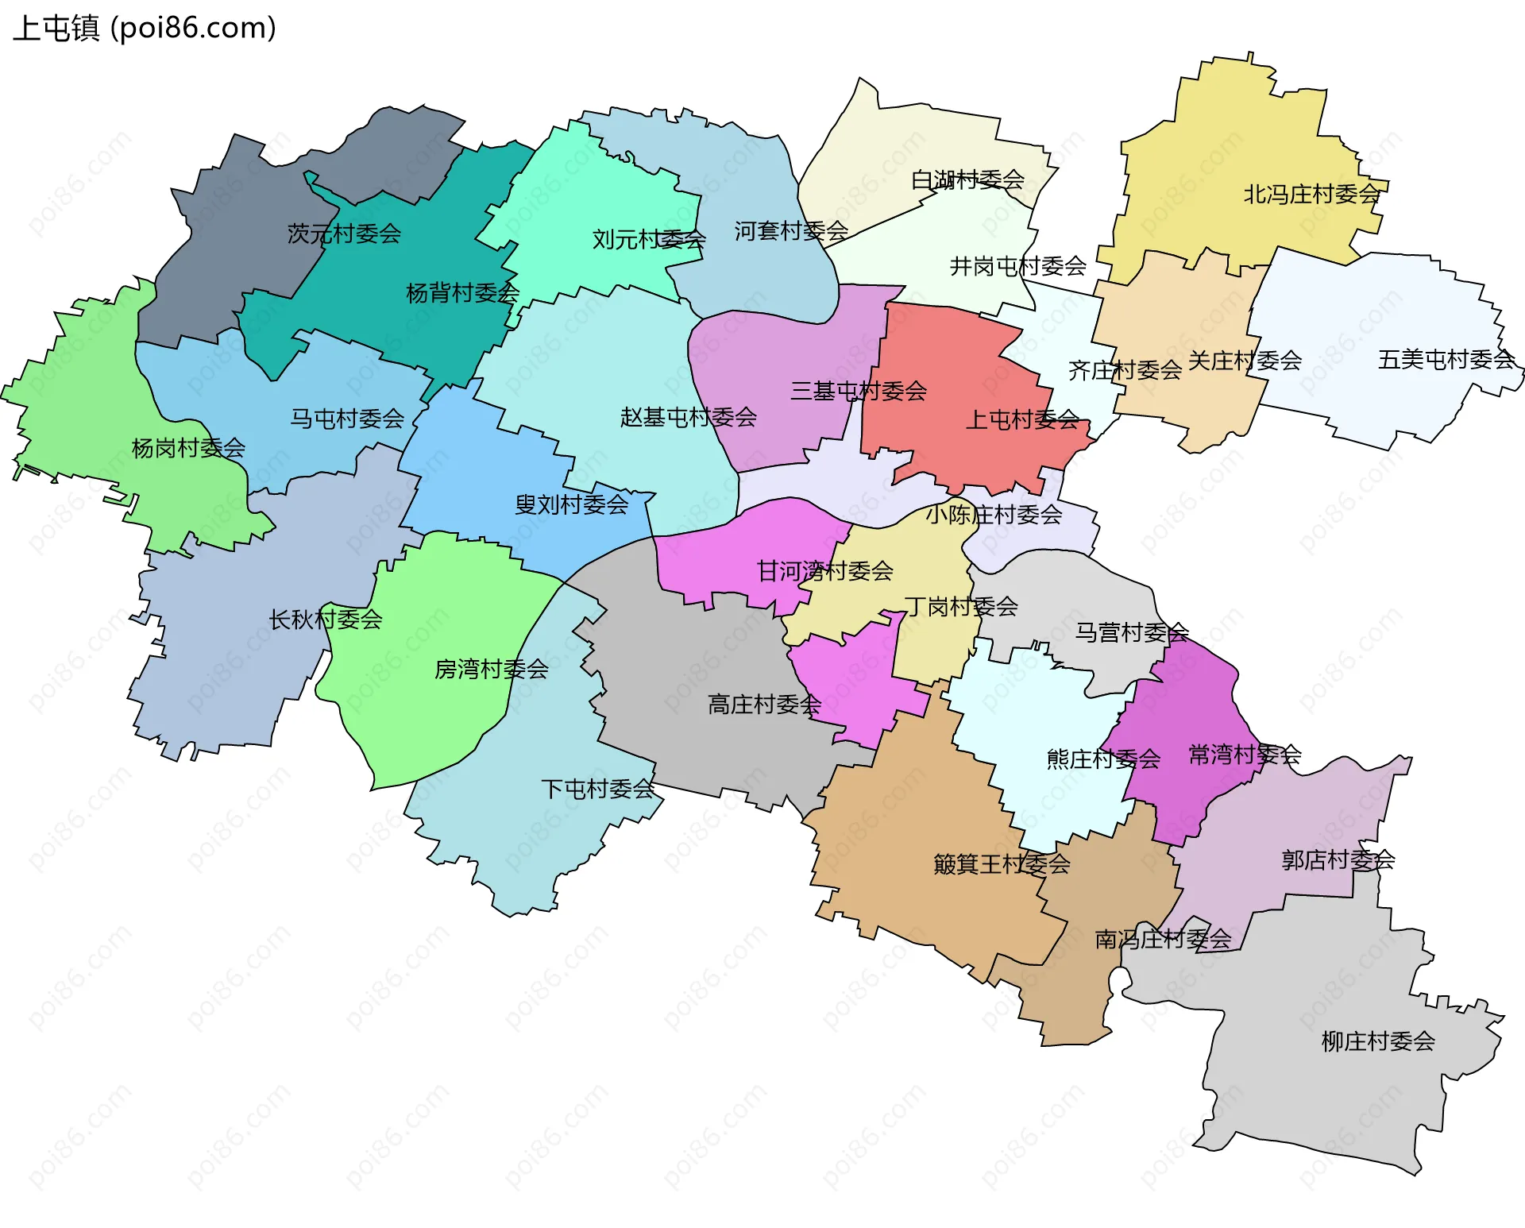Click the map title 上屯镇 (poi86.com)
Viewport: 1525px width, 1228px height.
[x=145, y=29]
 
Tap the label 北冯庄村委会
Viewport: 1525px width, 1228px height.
[x=1312, y=194]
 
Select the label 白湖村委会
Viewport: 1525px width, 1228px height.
[x=967, y=180]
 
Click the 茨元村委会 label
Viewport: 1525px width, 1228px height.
[x=344, y=234]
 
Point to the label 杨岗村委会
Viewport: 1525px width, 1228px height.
[x=188, y=448]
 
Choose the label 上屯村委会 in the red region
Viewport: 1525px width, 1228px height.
[x=1022, y=419]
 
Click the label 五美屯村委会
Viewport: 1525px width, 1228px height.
[x=1446, y=360]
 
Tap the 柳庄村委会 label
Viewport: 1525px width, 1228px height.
[x=1378, y=1041]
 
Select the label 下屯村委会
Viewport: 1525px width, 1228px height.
[x=598, y=789]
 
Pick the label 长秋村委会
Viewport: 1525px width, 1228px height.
[x=326, y=620]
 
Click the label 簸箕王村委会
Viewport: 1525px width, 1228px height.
[x=1002, y=864]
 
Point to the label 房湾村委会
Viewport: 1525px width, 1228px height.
[x=491, y=669]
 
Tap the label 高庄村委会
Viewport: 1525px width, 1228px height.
[x=764, y=705]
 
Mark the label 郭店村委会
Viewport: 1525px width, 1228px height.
[x=1338, y=859]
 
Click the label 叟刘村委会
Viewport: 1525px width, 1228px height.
[x=572, y=504]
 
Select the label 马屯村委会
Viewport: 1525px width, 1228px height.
[x=347, y=419]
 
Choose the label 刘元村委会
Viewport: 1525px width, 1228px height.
[x=649, y=239]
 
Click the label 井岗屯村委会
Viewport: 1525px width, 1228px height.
[x=1018, y=266]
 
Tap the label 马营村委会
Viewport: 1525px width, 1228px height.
[x=1132, y=632]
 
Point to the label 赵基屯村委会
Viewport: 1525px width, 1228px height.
[x=689, y=417]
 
